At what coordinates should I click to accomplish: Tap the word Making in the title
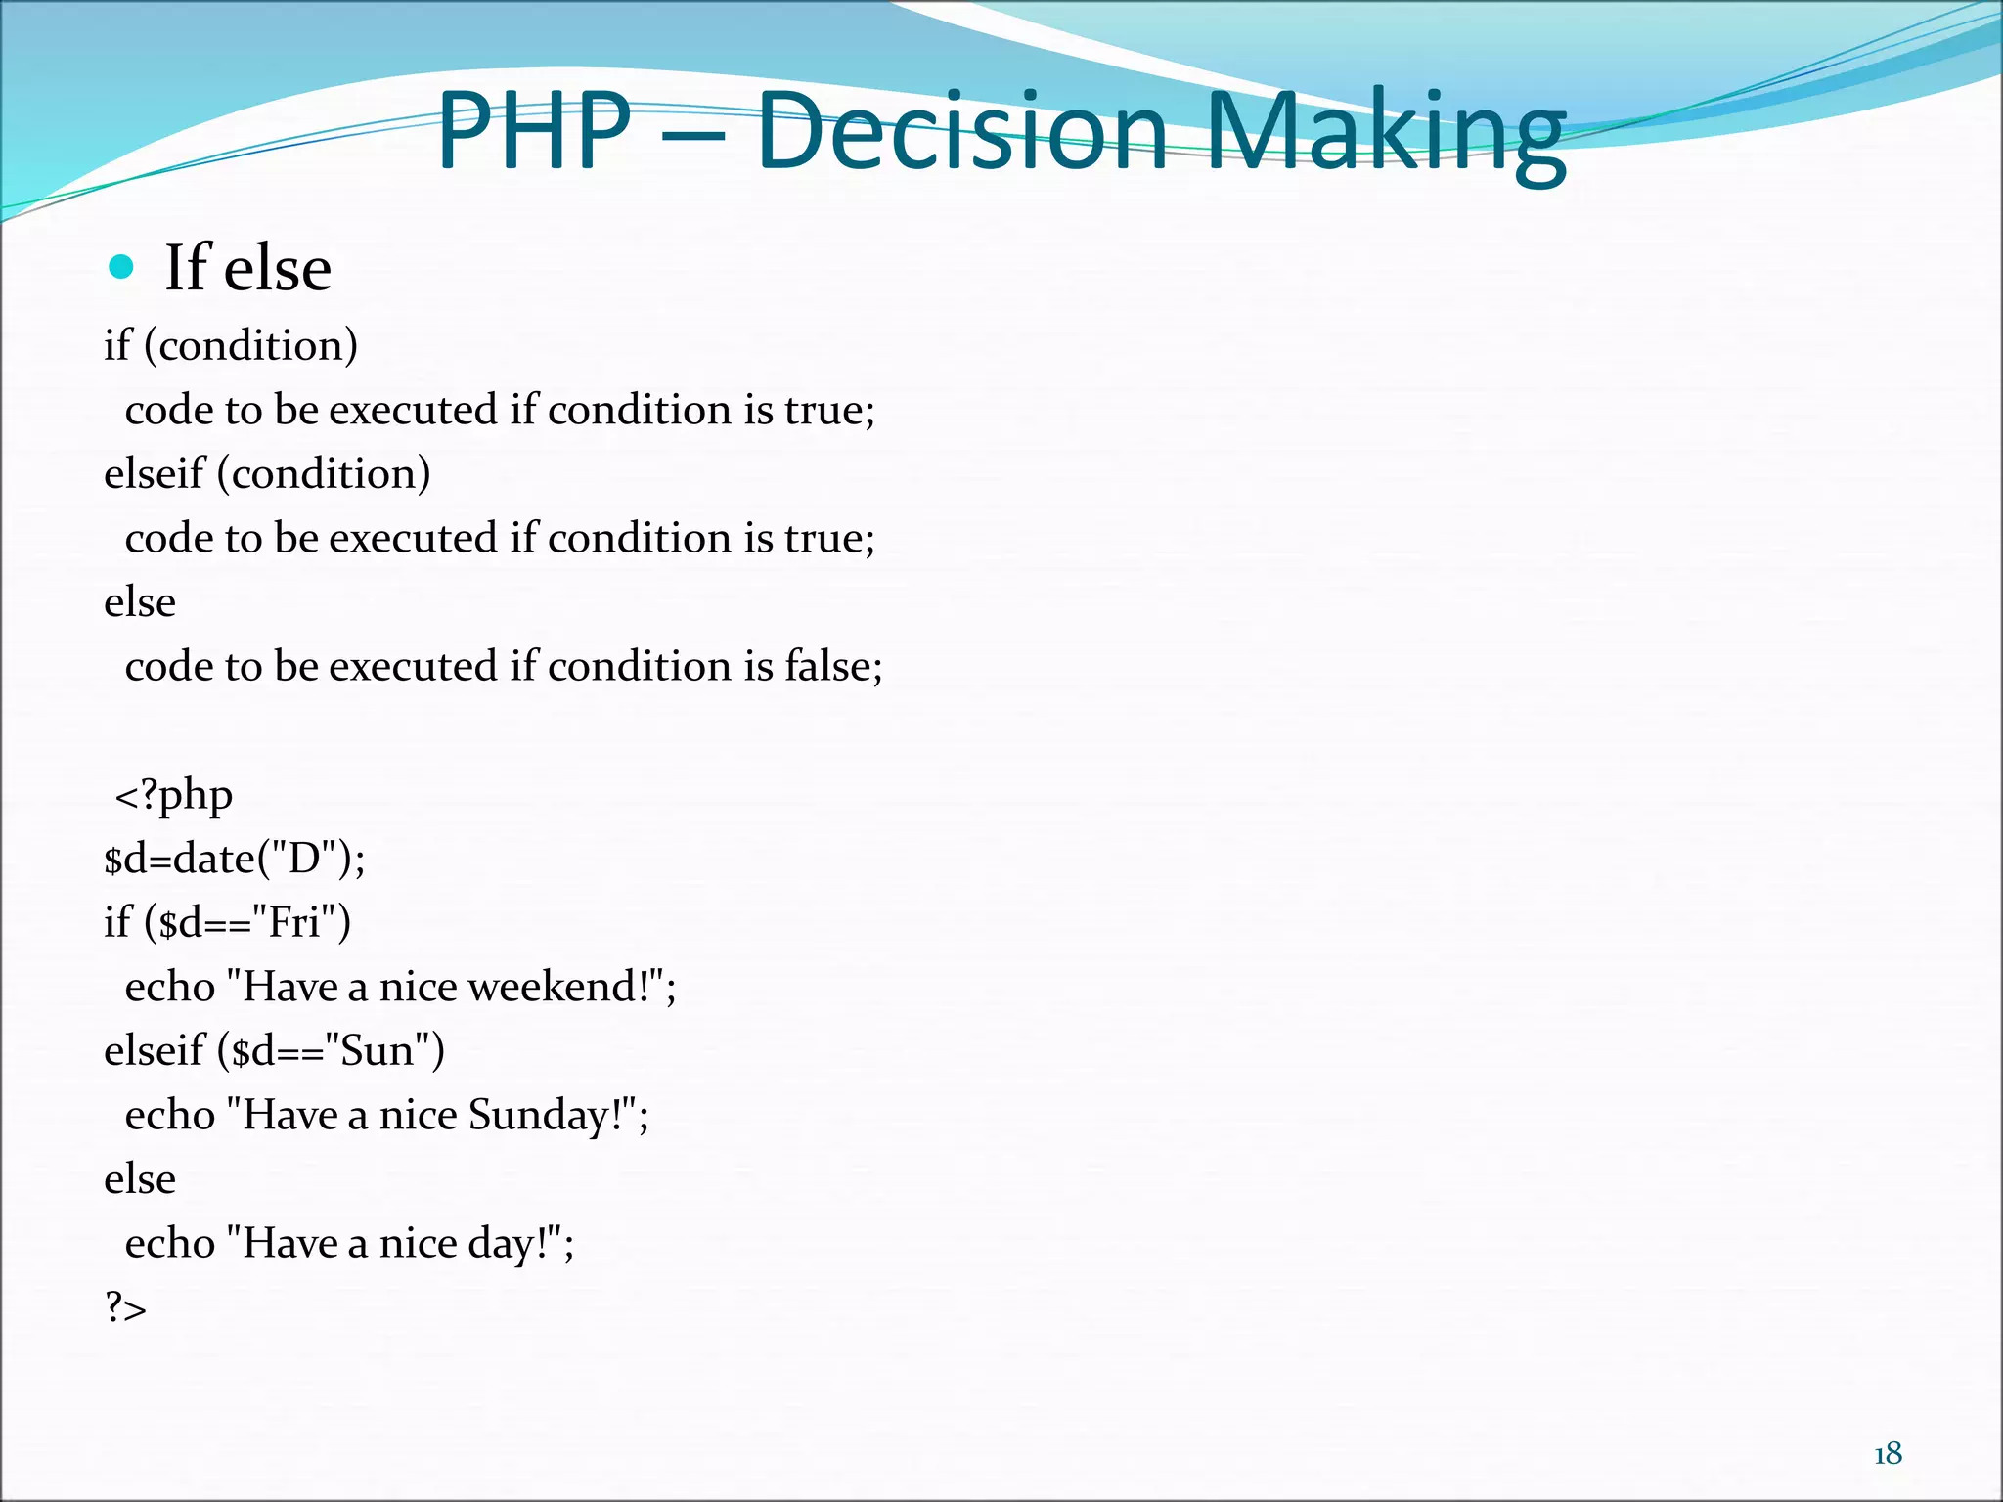(x=1386, y=132)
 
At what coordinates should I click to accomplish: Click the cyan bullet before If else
(x=121, y=267)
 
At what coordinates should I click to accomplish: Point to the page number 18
(x=1888, y=1454)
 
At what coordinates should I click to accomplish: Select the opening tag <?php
(x=174, y=795)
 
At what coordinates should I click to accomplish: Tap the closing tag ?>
(x=125, y=1307)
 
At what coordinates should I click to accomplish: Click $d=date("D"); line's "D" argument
(x=304, y=859)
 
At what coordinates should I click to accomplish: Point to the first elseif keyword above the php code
(x=155, y=473)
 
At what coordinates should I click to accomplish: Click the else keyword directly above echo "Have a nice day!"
(x=140, y=1179)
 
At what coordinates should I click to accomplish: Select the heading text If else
(x=247, y=267)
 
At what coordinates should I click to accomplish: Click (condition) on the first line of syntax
(x=250, y=345)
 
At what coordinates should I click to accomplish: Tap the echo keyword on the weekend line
(x=169, y=987)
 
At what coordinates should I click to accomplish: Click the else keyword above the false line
(x=140, y=602)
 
